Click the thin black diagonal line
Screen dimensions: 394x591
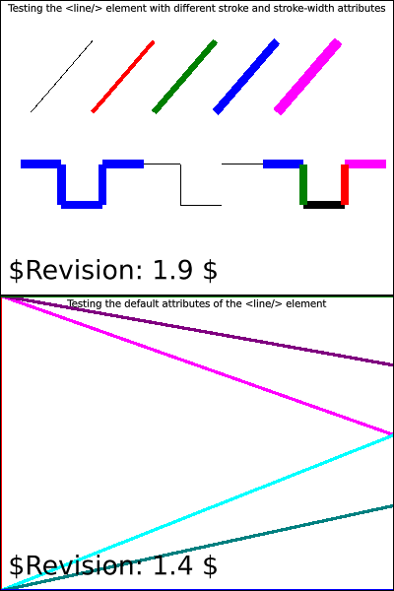61,76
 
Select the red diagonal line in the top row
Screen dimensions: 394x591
122,77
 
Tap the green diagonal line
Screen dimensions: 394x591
184,77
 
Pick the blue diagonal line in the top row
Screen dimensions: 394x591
246,77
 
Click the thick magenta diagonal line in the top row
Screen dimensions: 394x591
307,77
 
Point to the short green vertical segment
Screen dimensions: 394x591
303,185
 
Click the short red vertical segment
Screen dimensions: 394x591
345,185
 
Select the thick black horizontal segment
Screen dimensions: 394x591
324,205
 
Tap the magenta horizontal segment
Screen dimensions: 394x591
365,164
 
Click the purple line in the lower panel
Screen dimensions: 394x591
197,331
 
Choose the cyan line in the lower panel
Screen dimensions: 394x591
197,511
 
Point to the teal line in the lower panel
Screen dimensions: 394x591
197,548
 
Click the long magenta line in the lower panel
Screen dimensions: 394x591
197,365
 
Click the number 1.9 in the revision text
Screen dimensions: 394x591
172,270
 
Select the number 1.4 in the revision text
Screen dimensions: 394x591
172,565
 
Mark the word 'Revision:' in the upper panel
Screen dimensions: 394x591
84,270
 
